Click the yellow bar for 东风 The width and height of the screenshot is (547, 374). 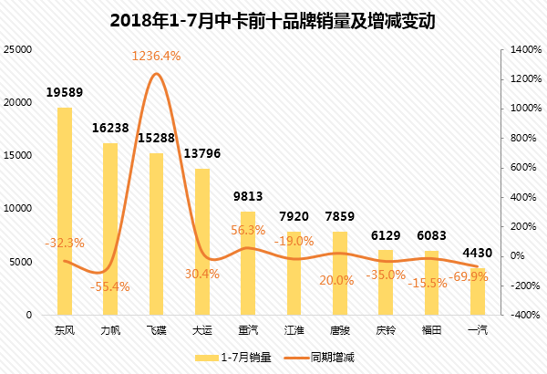click(65, 211)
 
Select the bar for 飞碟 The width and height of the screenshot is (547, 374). click(157, 234)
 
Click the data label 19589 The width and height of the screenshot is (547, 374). click(65, 93)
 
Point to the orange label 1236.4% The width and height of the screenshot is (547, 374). click(157, 56)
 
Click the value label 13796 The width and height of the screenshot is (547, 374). click(202, 151)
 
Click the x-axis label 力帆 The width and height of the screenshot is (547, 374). click(110, 330)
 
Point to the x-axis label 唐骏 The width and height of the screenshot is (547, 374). click(340, 330)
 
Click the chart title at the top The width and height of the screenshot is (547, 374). click(273, 19)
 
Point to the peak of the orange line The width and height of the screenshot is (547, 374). click(157, 74)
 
